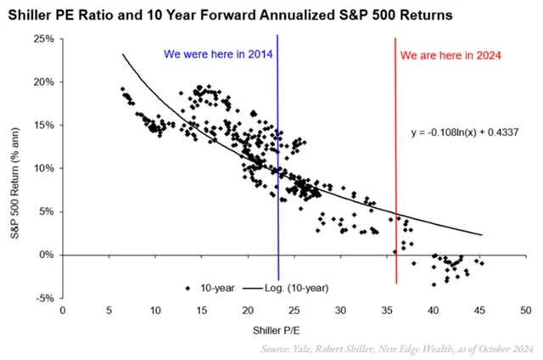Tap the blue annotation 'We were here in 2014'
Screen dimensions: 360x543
(216, 55)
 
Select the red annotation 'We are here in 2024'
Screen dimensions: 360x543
(450, 55)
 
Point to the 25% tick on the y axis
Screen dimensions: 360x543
(43, 39)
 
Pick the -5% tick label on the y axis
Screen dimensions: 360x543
(44, 298)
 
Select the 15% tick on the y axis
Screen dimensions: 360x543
(43, 126)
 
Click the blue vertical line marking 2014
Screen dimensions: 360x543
(278, 170)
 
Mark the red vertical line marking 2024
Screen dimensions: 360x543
(395, 170)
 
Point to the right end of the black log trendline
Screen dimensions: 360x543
(482, 234)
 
